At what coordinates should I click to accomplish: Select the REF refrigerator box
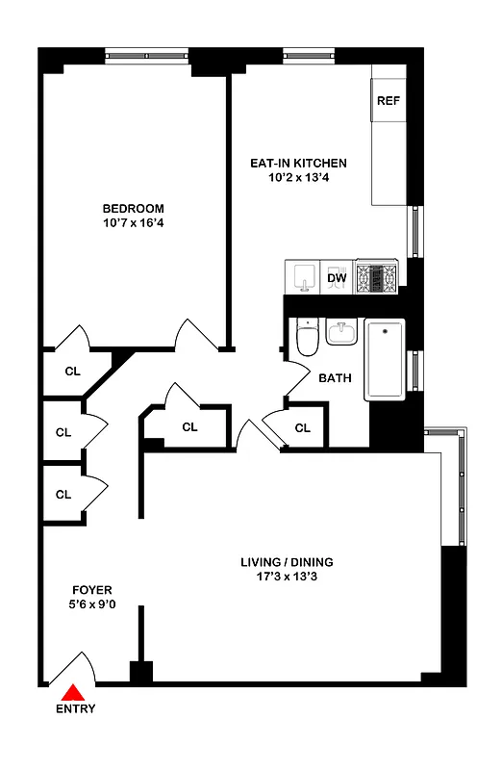[388, 101]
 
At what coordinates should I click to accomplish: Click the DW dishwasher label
[337, 279]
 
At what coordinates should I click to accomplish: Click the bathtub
[387, 361]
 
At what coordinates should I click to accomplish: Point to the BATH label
[335, 378]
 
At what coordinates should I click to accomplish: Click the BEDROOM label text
[133, 209]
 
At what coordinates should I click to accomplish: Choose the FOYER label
[93, 590]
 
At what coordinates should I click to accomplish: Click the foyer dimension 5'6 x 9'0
[93, 605]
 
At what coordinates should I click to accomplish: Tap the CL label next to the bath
[302, 427]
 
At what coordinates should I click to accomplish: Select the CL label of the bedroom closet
[72, 371]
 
